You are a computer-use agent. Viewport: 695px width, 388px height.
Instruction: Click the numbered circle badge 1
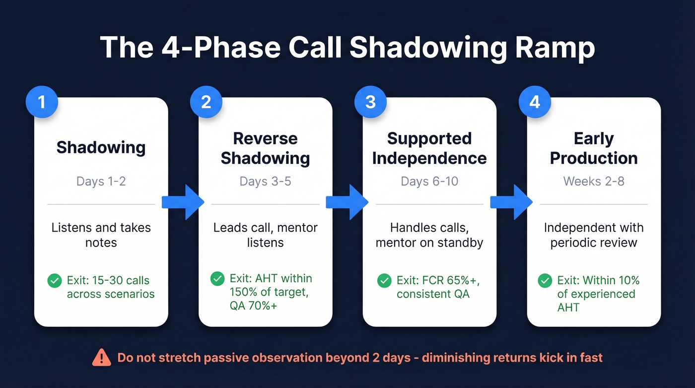pos(42,102)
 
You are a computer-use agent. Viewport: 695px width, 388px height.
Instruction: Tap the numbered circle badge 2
pos(206,102)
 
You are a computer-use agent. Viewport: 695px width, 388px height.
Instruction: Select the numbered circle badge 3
pos(370,102)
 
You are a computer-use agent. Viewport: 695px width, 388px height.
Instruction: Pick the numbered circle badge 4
pos(535,102)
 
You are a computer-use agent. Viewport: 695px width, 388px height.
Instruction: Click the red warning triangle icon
pos(101,357)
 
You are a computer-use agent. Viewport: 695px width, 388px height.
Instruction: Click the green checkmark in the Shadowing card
pos(54,281)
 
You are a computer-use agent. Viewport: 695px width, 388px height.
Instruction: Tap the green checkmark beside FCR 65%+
pos(384,281)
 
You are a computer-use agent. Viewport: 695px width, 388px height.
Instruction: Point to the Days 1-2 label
pos(101,181)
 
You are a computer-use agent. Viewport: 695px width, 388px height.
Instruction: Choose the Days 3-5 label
pos(265,181)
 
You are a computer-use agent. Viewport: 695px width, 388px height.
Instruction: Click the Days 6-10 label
pos(429,181)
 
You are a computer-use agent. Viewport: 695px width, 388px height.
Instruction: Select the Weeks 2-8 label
pos(593,181)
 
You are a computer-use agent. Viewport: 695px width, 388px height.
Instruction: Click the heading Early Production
pos(594,148)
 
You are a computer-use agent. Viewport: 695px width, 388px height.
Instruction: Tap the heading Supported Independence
pos(429,148)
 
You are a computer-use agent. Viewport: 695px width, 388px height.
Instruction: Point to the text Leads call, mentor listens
pos(265,235)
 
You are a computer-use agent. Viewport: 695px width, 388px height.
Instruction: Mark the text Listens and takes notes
pos(101,235)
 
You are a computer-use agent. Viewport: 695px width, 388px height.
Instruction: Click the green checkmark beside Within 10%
pos(545,281)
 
